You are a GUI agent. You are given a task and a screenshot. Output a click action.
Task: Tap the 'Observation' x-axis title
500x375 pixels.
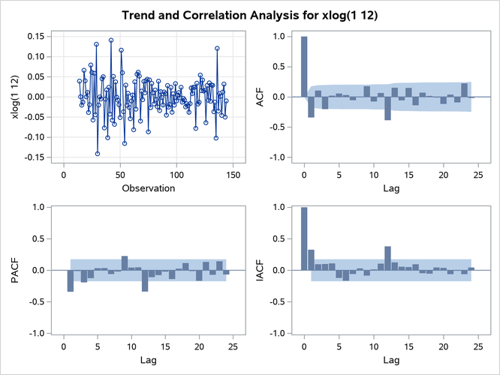click(x=148, y=187)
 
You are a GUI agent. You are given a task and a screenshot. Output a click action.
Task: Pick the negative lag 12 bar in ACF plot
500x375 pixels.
click(x=387, y=108)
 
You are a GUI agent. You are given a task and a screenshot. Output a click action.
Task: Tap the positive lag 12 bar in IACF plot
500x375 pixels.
click(x=387, y=258)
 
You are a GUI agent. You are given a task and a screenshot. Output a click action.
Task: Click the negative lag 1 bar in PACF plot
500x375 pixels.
click(x=71, y=280)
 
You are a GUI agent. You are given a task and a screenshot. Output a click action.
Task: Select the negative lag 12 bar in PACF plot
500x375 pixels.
click(x=144, y=280)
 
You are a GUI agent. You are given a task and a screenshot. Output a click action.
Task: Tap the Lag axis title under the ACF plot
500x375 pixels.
click(x=388, y=187)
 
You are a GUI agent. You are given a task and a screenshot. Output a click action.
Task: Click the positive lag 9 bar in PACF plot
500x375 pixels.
click(x=125, y=263)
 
